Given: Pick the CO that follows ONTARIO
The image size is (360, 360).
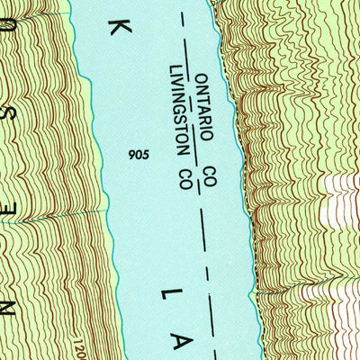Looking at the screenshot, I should pos(210,176).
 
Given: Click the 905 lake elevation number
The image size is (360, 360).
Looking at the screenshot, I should pos(139,154).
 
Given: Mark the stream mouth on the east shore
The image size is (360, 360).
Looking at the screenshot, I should pos(256,293).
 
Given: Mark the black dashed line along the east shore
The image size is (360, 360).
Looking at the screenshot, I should pos(209,270).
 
